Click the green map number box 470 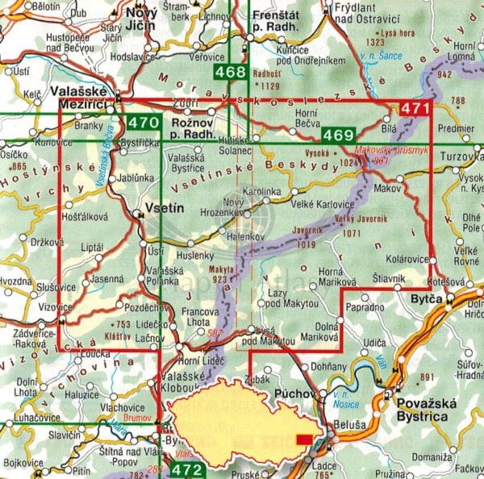[x=143, y=124]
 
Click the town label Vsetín [x=165, y=208]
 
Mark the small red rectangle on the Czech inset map [x=304, y=439]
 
